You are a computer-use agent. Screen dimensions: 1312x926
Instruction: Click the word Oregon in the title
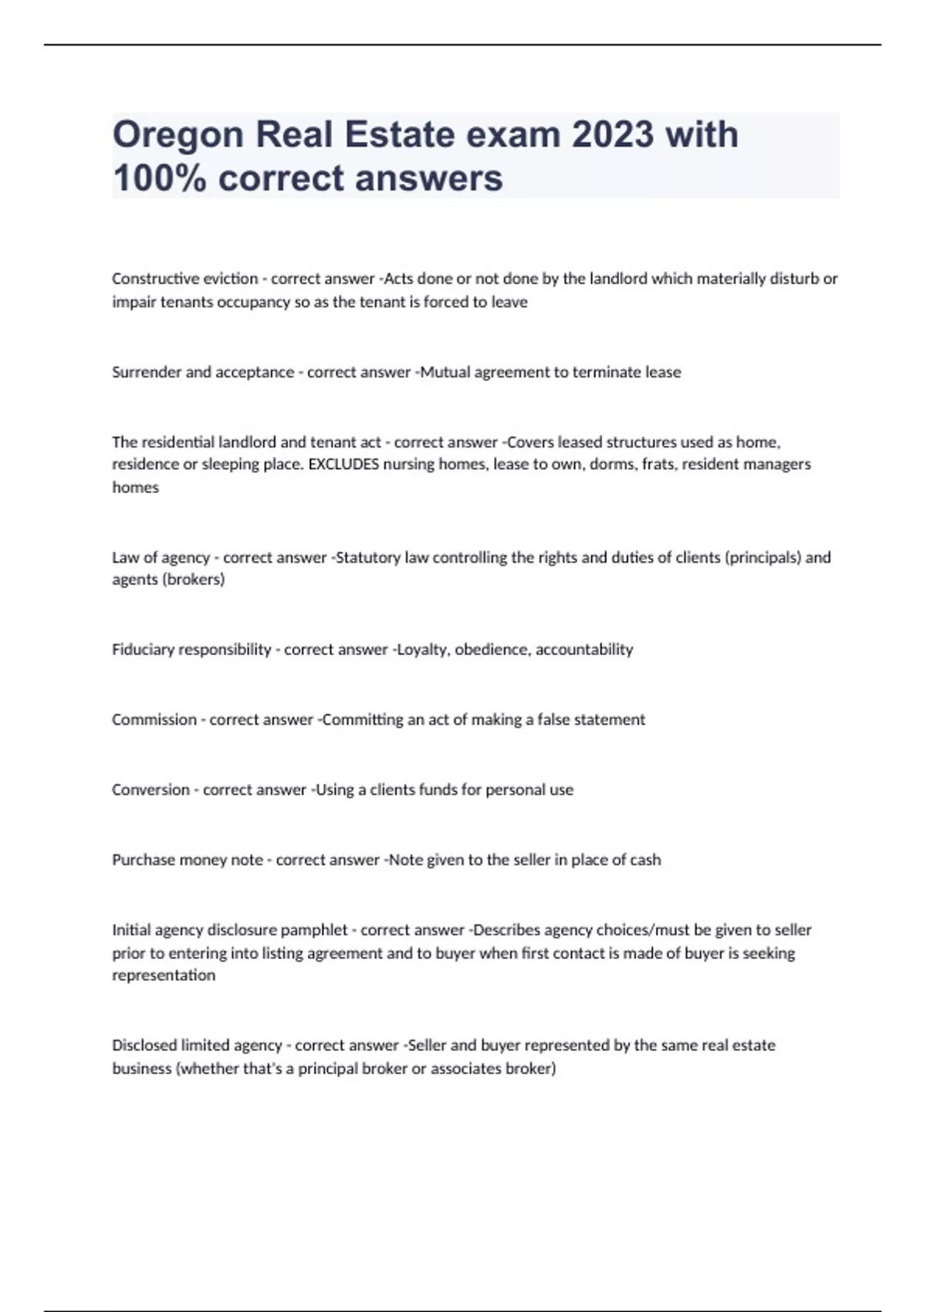(x=178, y=135)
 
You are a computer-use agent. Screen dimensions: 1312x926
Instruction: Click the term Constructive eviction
(x=185, y=279)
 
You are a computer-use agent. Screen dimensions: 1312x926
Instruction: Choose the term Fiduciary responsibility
(x=191, y=650)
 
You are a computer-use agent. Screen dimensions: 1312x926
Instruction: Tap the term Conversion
(x=150, y=790)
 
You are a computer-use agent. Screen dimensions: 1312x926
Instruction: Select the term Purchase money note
(x=188, y=860)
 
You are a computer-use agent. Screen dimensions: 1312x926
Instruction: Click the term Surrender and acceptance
(x=203, y=372)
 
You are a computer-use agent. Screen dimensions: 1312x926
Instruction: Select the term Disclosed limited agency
(x=197, y=1046)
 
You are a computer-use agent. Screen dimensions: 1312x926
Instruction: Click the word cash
(x=645, y=860)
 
